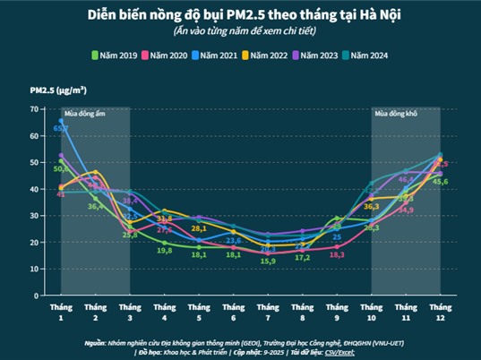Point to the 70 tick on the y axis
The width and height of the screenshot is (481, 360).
34,109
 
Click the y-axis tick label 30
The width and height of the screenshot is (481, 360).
34,216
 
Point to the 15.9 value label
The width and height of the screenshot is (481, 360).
267,261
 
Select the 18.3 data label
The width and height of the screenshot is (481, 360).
337,255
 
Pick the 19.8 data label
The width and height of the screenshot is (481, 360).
164,251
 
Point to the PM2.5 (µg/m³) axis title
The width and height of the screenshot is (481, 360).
58,90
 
